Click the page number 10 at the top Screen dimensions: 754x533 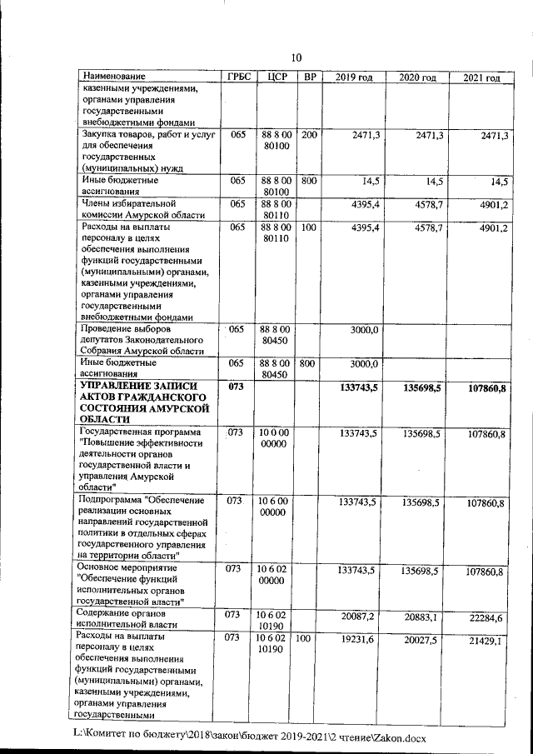point(295,57)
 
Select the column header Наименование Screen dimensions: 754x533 point(115,77)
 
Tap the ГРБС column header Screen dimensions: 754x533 point(238,77)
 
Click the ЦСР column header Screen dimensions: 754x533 point(274,77)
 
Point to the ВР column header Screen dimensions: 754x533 point(309,77)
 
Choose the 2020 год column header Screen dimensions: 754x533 point(417,77)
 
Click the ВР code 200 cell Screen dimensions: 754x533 point(309,135)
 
